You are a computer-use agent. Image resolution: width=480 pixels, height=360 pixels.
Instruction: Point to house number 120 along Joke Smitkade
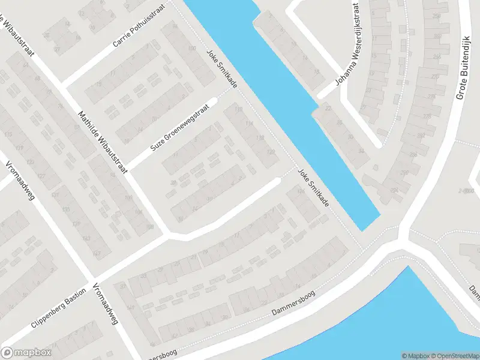coord(271,152)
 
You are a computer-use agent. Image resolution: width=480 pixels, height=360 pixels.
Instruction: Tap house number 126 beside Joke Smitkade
coord(299,191)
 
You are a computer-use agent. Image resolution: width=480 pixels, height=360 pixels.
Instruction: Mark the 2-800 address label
coord(465,190)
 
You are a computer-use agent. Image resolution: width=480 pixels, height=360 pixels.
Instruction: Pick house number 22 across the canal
coord(328,108)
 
